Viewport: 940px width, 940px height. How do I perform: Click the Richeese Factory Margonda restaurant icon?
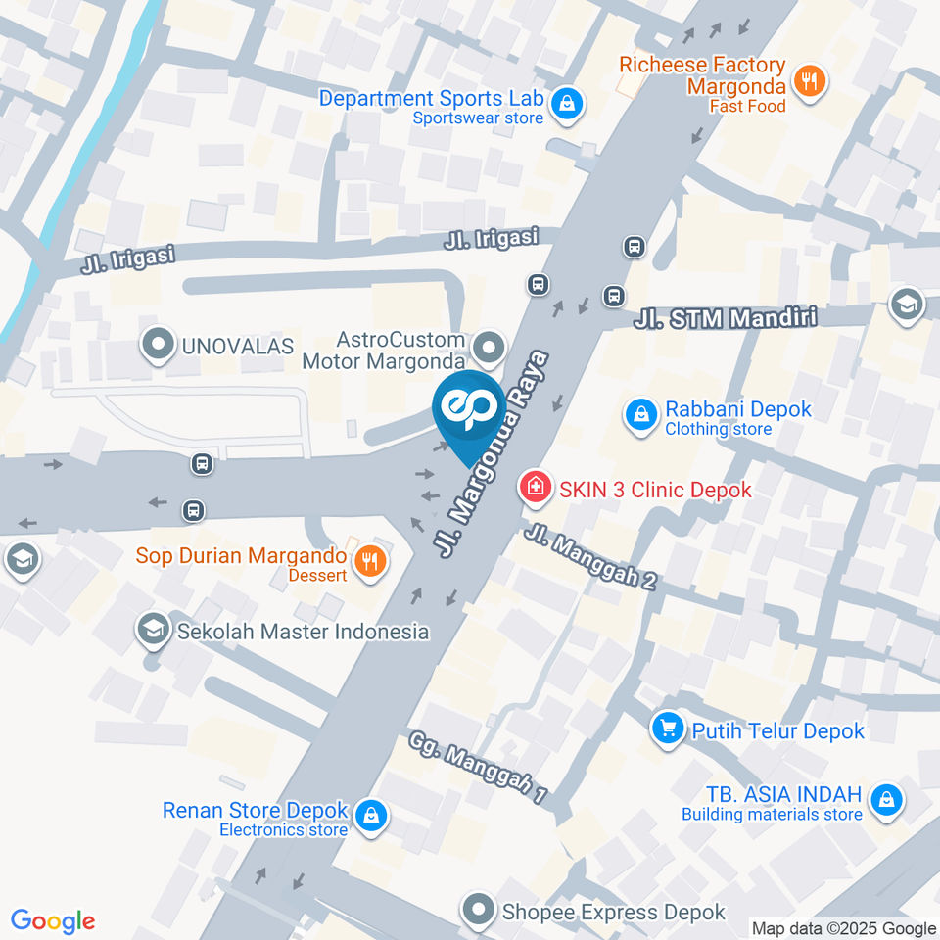pos(808,82)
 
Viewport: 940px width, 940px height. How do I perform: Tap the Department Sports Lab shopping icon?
pos(565,102)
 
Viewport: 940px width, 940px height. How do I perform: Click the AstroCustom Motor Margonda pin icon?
pos(488,347)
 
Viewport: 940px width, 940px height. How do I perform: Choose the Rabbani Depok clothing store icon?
pos(640,415)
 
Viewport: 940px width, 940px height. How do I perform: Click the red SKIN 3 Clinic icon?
pos(535,486)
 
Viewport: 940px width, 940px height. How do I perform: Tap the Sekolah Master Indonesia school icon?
pos(153,631)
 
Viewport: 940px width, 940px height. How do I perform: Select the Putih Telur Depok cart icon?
pos(669,728)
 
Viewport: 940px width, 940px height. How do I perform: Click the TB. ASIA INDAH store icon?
pos(886,799)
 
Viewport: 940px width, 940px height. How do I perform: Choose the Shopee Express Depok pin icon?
pos(479,911)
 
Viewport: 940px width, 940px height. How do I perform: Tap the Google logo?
pos(53,920)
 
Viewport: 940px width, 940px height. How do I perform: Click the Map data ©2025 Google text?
pos(844,928)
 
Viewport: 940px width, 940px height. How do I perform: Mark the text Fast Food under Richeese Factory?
pos(748,106)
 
